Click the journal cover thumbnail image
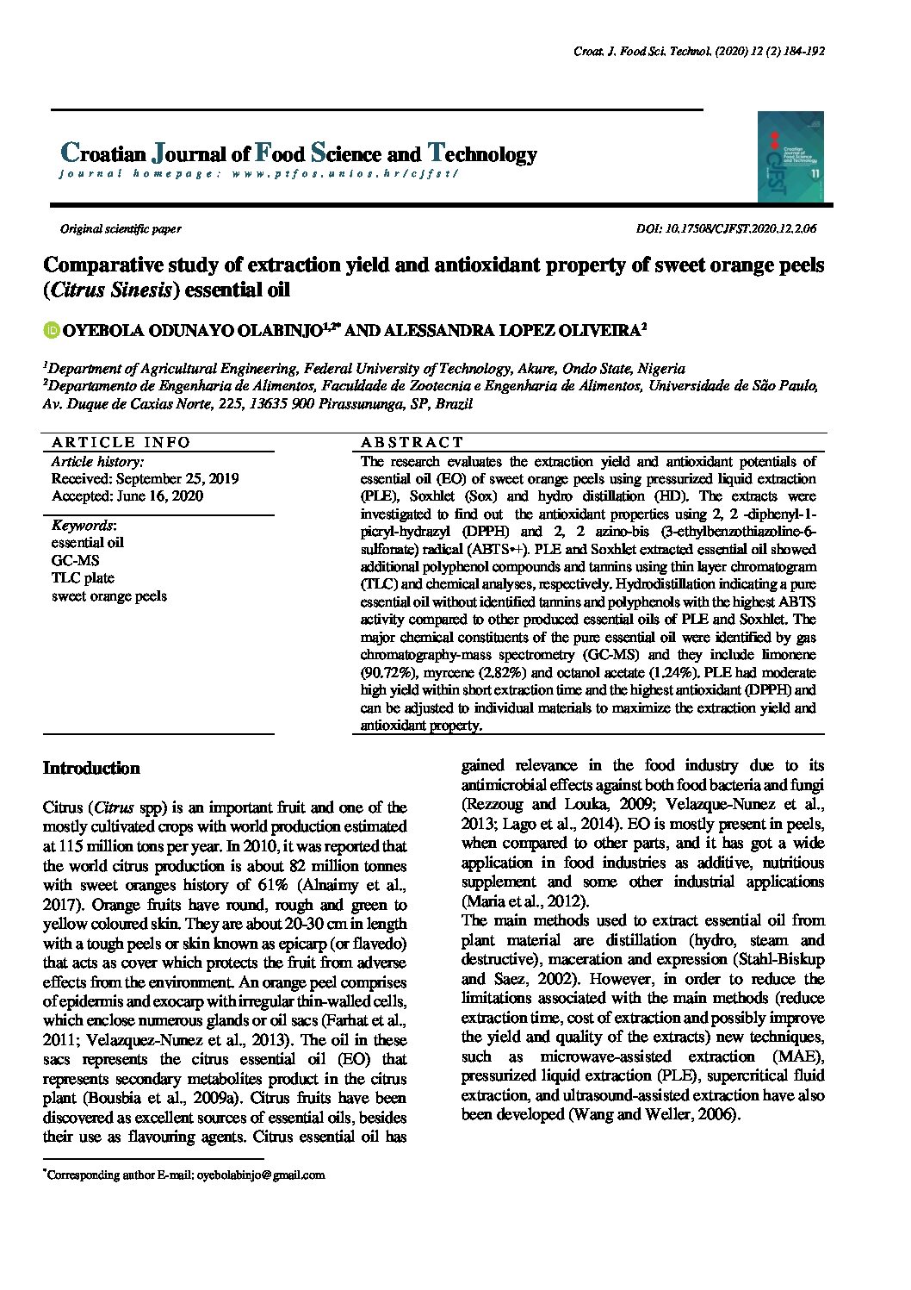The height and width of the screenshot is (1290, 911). coord(790,157)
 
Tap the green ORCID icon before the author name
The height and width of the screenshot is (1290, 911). coord(50,329)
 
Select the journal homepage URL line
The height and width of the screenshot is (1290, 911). coord(258,173)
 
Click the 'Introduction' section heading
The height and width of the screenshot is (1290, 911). coord(91,768)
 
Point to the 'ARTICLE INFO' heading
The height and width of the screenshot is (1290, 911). coord(121,442)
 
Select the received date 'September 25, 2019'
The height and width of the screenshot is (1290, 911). coord(177,478)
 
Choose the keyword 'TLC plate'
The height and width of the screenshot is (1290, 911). coord(83,578)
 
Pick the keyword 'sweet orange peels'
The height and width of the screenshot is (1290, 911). coord(109,596)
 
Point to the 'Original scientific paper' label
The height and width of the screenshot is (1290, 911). coord(120,229)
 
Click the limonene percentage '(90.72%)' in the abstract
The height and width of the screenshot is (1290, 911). coord(387,672)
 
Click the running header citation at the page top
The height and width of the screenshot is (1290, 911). coord(699,52)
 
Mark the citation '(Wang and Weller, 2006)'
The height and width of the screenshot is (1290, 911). coord(653,1114)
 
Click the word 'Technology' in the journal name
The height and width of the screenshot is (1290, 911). coord(482,154)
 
